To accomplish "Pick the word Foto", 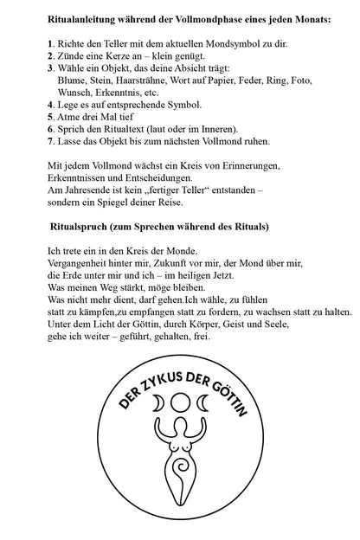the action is [x=301, y=80].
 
